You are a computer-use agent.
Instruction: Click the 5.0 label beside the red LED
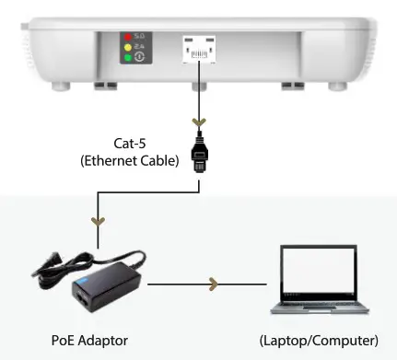pos(140,37)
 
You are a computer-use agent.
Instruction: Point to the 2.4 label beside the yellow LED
pos(140,46)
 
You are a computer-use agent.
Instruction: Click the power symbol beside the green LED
pos(140,56)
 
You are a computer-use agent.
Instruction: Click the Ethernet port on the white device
pos(198,48)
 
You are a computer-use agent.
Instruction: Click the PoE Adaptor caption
pos(90,342)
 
